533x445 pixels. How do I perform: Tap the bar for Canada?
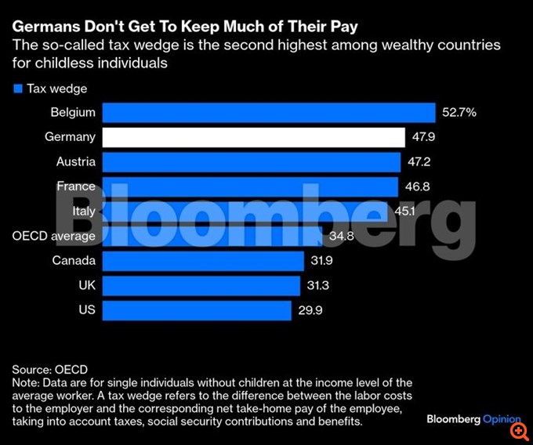click(202, 260)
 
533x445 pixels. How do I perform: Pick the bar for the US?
click(197, 309)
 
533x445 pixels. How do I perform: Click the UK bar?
click(201, 285)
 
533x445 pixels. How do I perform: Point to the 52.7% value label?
click(459, 113)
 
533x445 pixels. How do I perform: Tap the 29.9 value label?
click(310, 310)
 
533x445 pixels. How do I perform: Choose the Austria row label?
click(76, 162)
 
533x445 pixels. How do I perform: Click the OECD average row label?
click(54, 236)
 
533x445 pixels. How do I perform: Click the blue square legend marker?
click(17, 89)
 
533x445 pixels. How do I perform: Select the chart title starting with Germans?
click(185, 27)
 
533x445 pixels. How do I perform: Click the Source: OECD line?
click(50, 369)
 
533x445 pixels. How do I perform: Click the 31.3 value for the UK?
click(319, 285)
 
